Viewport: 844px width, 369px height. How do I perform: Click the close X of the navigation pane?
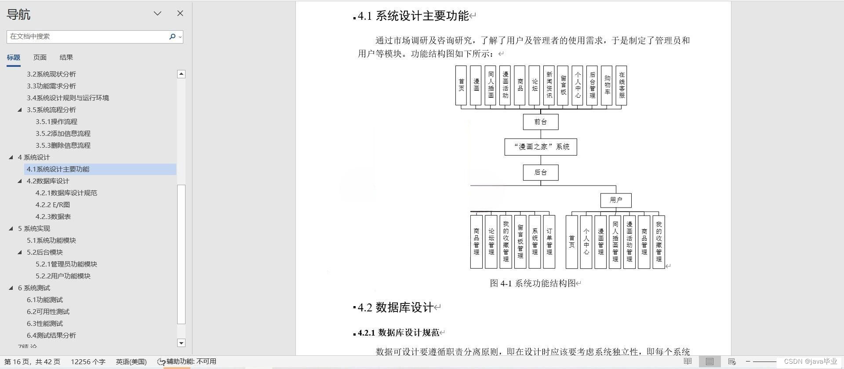(x=180, y=14)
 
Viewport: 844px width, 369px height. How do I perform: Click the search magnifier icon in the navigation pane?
(x=172, y=37)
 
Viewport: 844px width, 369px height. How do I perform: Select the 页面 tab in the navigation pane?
(x=40, y=58)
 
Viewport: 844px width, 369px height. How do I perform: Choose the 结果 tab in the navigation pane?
(x=66, y=58)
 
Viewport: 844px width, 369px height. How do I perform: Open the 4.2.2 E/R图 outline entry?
(x=53, y=205)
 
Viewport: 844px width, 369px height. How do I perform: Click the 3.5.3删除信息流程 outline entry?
(x=63, y=146)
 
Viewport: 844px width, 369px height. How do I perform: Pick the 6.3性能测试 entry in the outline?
(x=45, y=324)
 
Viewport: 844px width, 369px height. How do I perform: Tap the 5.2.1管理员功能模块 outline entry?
(x=66, y=264)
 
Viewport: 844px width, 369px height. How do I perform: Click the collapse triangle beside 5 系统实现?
(x=11, y=228)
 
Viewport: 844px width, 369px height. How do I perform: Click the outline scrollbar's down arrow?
(x=181, y=343)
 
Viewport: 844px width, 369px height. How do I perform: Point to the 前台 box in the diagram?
(x=541, y=122)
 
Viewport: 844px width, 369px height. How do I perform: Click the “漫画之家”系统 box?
(x=541, y=147)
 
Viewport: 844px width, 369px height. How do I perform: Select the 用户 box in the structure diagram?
(x=616, y=200)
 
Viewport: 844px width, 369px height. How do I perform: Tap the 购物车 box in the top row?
(x=607, y=85)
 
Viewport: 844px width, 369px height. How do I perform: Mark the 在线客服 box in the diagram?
(x=621, y=85)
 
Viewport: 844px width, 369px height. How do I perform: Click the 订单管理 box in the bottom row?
(x=549, y=241)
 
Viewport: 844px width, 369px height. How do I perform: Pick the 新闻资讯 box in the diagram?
(x=549, y=85)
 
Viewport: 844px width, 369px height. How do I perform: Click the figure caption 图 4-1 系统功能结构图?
(x=533, y=283)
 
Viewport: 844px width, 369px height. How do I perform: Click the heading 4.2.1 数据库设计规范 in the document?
(x=398, y=333)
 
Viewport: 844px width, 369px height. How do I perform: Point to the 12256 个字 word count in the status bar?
(x=88, y=362)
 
